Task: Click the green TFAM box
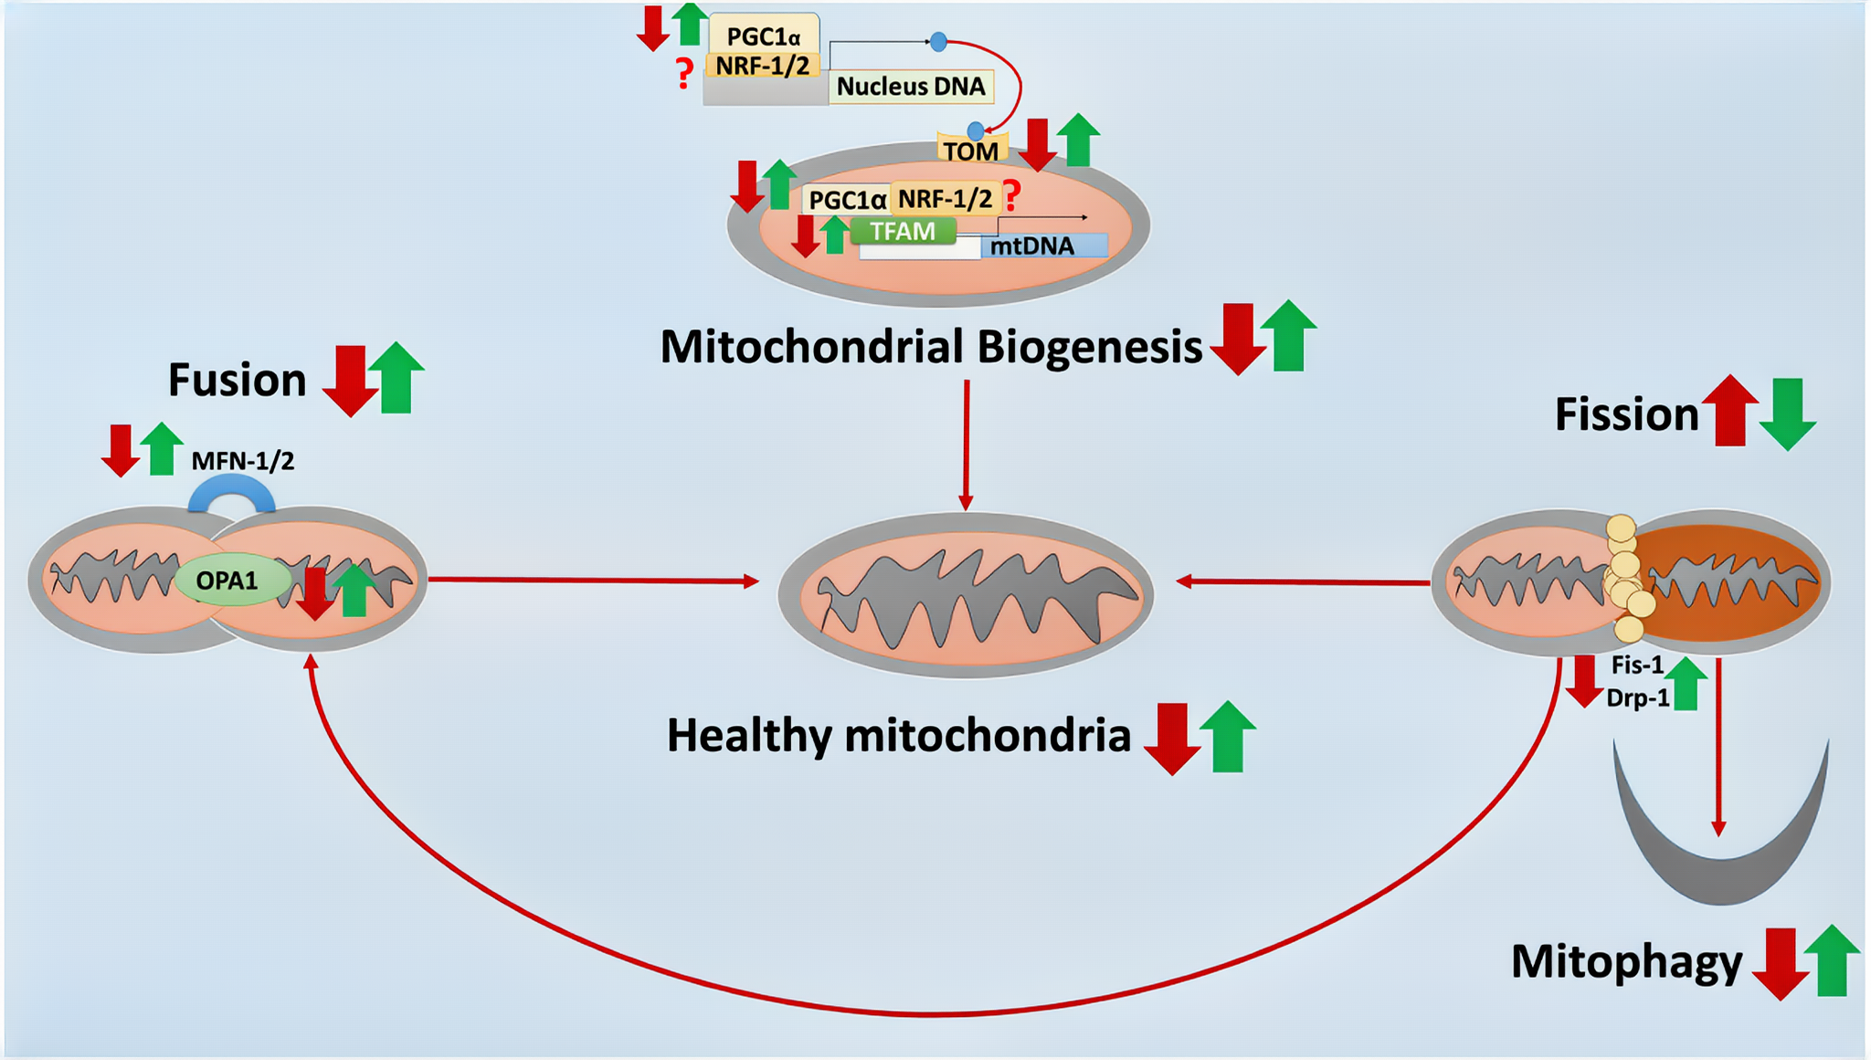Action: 903,231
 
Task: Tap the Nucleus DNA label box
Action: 911,87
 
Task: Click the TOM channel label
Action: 971,151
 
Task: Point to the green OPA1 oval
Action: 228,580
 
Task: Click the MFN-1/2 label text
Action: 243,461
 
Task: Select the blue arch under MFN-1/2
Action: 231,493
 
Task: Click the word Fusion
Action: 237,380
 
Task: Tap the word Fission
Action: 1626,415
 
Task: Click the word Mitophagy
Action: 1626,962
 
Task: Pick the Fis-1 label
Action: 1637,665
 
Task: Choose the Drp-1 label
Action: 1637,698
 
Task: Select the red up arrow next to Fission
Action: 1730,410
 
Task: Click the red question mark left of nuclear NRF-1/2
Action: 683,72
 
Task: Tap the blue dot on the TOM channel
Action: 976,131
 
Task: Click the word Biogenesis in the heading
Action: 1089,348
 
